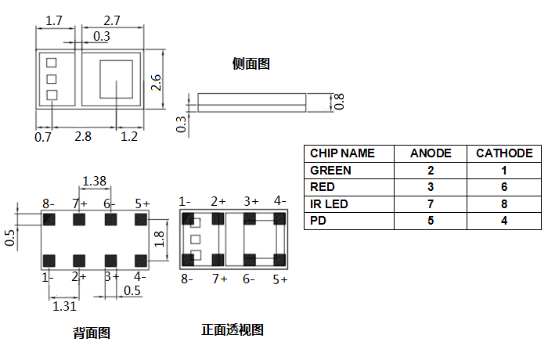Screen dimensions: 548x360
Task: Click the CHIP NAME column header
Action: click(342, 153)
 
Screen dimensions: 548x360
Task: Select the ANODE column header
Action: click(431, 153)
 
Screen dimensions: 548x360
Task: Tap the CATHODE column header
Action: click(504, 153)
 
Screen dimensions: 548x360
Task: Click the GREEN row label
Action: click(330, 170)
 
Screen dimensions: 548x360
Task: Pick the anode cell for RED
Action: click(431, 187)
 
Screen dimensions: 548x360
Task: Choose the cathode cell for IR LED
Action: click(504, 203)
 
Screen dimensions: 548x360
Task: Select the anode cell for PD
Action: click(431, 221)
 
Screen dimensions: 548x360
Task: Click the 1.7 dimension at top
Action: click(54, 20)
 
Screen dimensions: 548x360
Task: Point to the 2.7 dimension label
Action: click(112, 20)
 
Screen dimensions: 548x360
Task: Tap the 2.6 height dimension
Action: click(156, 82)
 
